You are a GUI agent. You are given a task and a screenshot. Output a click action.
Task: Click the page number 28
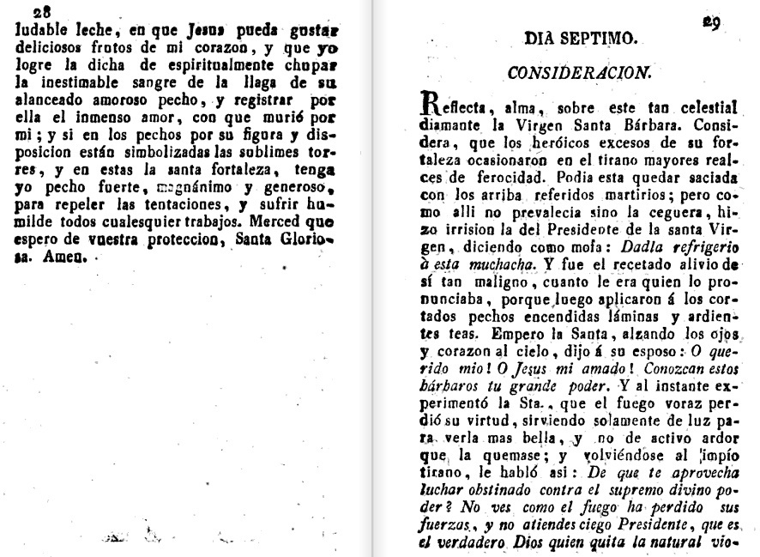tap(41, 11)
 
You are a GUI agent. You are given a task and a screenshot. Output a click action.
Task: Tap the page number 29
tap(711, 23)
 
